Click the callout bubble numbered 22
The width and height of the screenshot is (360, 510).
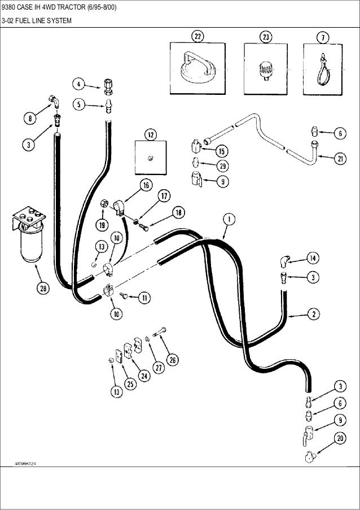coord(198,37)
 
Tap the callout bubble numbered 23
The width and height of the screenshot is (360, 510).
coord(265,37)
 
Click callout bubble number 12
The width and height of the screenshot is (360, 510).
coord(151,134)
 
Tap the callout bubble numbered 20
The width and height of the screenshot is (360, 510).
coord(340,437)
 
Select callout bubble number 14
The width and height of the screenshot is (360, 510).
coord(312,258)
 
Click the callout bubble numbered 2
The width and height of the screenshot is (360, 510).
coord(312,312)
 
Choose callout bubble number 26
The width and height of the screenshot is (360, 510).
coord(172,359)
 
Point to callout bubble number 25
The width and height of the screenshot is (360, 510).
coord(131,384)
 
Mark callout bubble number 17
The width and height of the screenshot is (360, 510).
coord(163,197)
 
